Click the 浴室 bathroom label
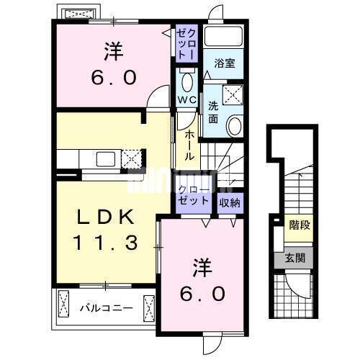[x=225, y=63]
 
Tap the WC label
[x=187, y=99]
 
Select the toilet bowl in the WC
[x=187, y=81]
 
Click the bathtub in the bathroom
[x=223, y=36]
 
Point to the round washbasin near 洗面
[x=235, y=125]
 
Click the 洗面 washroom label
[x=213, y=112]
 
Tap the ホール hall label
[x=189, y=145]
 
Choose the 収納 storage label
[x=230, y=203]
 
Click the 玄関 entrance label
[x=295, y=258]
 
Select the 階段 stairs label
[x=300, y=225]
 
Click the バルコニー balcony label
[x=107, y=308]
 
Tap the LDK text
[x=105, y=217]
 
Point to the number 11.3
[x=106, y=243]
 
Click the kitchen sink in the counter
[x=106, y=159]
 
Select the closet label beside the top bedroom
[x=187, y=43]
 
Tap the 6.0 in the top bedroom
[x=114, y=77]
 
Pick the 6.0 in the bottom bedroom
[x=203, y=294]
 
